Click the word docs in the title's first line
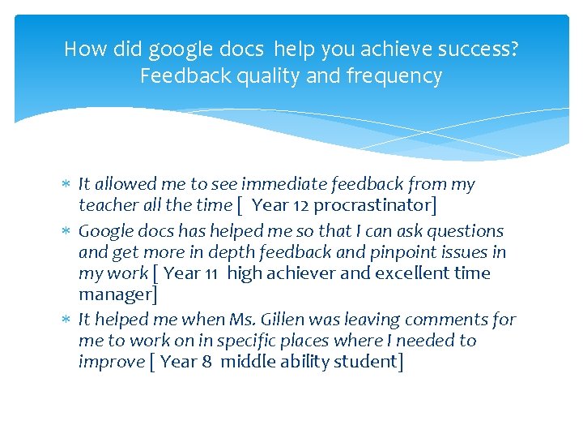point(239,49)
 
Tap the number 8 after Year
point(208,362)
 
